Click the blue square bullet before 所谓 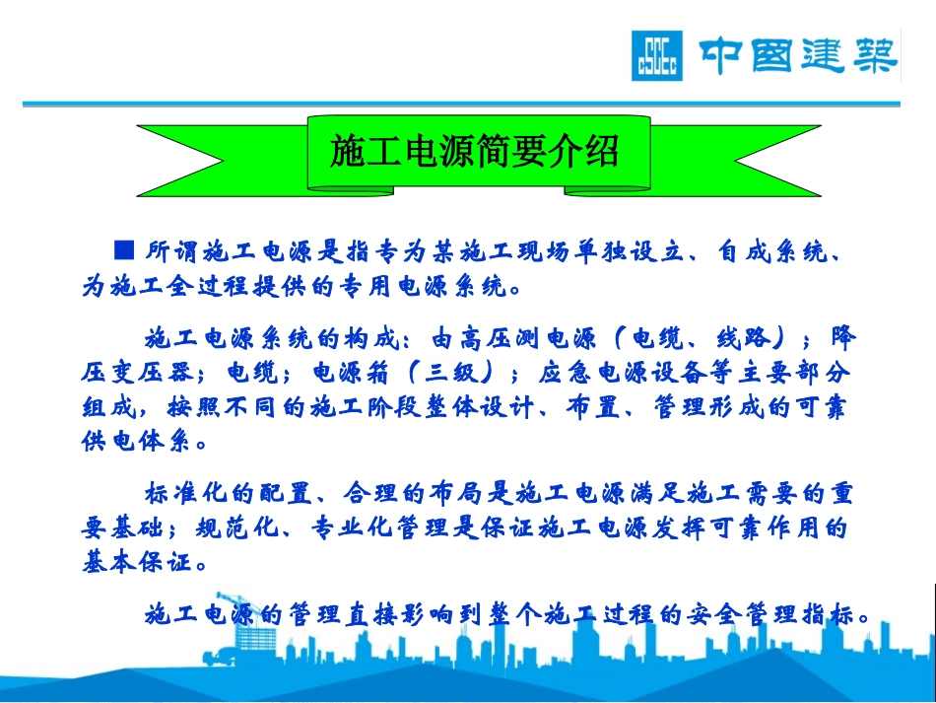click(124, 246)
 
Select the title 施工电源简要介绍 click(477, 153)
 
